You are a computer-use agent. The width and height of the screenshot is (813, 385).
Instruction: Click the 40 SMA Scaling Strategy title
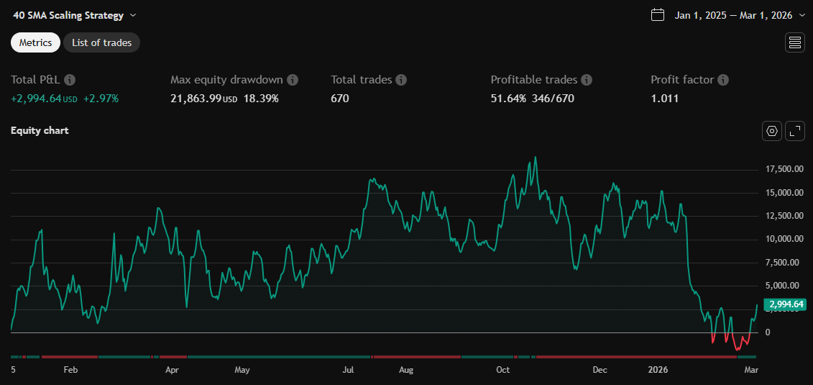point(68,15)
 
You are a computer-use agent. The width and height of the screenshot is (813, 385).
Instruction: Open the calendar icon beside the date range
point(657,15)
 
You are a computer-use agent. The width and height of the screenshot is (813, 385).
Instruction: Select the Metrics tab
point(35,42)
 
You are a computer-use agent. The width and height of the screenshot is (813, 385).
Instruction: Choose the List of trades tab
point(101,42)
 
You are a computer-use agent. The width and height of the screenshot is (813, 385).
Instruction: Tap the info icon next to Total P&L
point(70,80)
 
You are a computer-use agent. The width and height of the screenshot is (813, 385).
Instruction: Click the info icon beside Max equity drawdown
point(293,80)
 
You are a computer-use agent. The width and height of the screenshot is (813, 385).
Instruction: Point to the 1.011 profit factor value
point(664,99)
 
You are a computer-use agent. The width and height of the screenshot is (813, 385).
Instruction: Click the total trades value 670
point(339,99)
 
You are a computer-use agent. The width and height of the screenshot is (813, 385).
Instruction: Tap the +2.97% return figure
point(101,99)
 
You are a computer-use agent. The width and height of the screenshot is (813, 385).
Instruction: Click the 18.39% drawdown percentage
point(261,99)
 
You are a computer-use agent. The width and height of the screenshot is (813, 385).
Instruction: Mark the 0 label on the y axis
point(768,332)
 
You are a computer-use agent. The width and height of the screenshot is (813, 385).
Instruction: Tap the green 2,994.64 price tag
point(786,304)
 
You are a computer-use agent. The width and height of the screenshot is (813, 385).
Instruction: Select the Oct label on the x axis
point(502,370)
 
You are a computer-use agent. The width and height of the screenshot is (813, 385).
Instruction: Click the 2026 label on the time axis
point(658,370)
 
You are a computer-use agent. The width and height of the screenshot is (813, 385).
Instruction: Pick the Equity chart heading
point(40,131)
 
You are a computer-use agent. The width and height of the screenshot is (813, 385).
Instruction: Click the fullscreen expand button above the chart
point(794,131)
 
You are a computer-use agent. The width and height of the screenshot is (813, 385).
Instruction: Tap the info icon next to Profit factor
point(723,80)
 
